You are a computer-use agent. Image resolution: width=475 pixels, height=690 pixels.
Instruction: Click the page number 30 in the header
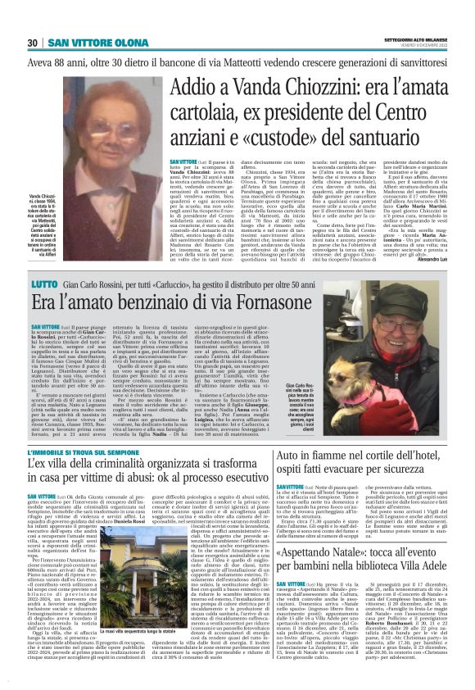pyautogui.click(x=33, y=43)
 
